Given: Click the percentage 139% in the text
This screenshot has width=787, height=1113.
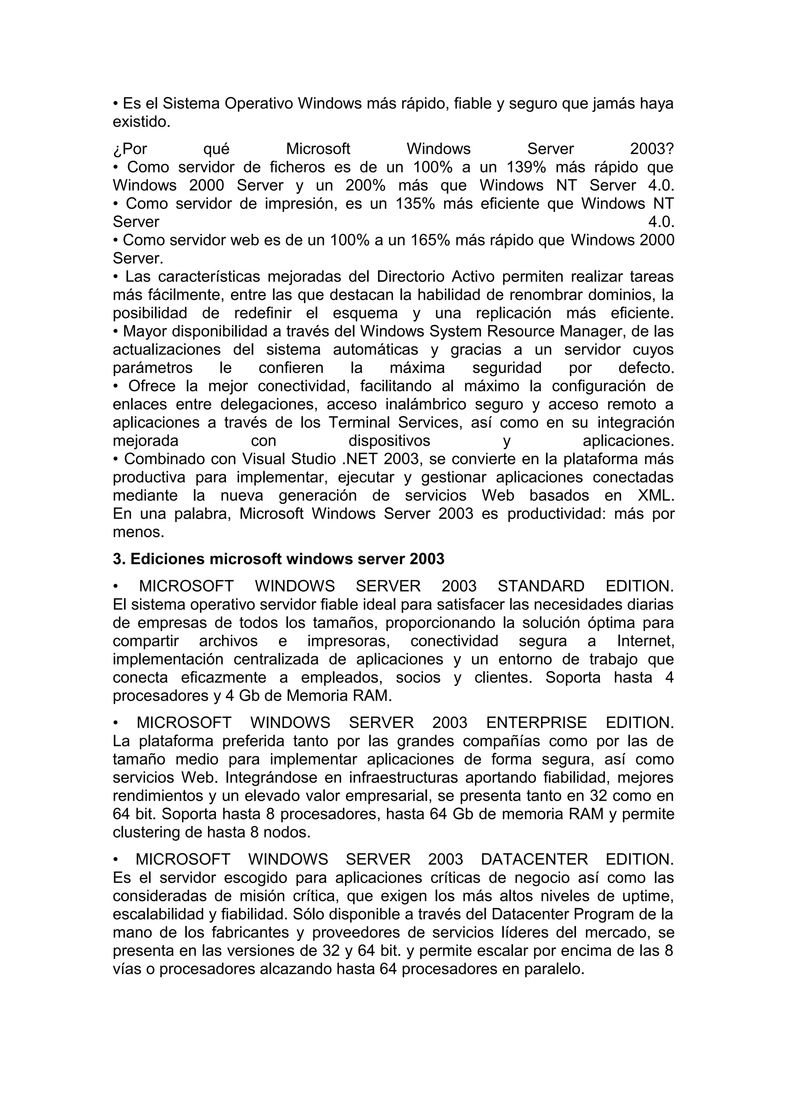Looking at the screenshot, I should tap(526, 167).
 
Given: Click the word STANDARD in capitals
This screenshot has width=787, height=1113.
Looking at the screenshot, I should tap(541, 586).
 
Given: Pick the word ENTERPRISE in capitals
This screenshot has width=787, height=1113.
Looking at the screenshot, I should tap(536, 723).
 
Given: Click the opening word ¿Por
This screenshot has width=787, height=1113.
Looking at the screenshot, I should tap(130, 149).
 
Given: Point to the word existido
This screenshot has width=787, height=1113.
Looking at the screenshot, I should tap(141, 122).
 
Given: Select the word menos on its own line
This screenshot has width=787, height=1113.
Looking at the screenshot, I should tap(139, 532).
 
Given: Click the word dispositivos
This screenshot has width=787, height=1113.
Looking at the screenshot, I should tap(389, 441).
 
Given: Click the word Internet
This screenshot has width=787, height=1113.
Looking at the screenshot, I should tap(645, 641).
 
